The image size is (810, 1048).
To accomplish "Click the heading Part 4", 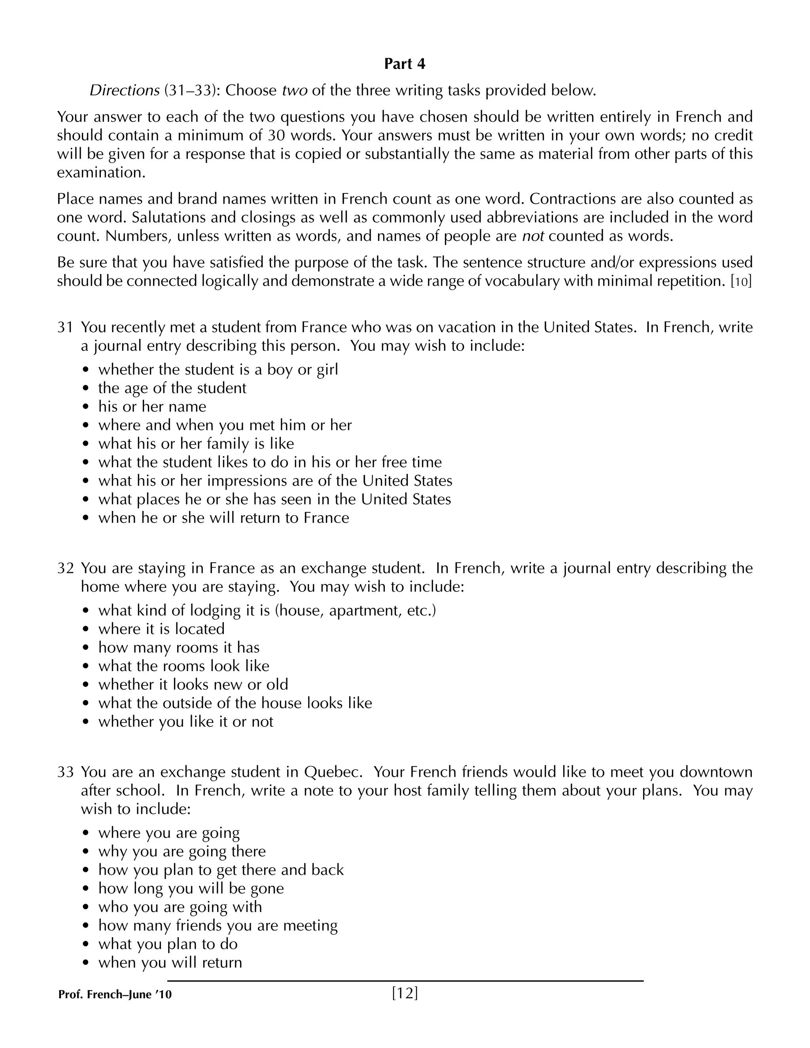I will coord(405,64).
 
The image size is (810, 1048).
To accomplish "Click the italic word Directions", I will coord(124,90).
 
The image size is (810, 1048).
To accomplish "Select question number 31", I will coord(65,327).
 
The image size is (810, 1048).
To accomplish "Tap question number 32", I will coord(65,568).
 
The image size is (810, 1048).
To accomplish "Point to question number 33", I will coord(65,772).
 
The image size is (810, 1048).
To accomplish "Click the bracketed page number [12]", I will coord(405,993).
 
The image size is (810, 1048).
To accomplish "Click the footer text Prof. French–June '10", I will coord(115,995).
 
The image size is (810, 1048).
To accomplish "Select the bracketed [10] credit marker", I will coord(741,281).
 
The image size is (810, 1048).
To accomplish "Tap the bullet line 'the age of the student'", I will coord(172,388).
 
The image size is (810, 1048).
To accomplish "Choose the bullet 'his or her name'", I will coord(152,407).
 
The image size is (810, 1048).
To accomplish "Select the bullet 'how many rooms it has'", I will coord(178,647).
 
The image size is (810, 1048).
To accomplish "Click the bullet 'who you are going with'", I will coord(180,907).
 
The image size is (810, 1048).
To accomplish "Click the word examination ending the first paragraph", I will coord(101,173).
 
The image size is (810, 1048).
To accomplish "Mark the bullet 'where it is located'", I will coord(161,629).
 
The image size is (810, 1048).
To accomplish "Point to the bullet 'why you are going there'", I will coord(182,851).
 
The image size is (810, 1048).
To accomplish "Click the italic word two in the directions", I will coord(294,90).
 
